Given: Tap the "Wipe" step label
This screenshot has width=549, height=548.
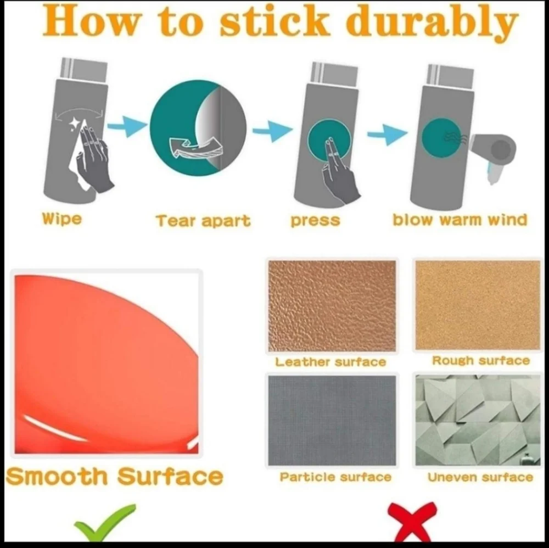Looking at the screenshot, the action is [x=62, y=219].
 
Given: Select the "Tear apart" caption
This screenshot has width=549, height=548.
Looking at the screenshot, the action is [x=203, y=221].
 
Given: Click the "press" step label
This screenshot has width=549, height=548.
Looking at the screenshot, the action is [x=315, y=221].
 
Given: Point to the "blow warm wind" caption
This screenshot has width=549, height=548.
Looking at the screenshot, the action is [x=460, y=220].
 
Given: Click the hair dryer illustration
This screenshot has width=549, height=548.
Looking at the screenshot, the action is [x=494, y=154].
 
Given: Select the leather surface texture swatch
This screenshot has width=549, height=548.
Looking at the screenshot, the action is [x=332, y=306].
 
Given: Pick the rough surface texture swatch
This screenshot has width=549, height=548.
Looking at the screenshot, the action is [x=478, y=305].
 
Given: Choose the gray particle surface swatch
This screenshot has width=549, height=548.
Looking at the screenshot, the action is [x=332, y=421].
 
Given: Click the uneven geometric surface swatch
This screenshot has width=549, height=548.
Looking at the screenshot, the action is [x=478, y=420].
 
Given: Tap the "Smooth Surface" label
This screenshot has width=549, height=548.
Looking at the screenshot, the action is [x=114, y=476].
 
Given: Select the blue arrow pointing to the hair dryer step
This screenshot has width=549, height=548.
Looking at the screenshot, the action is [x=387, y=134].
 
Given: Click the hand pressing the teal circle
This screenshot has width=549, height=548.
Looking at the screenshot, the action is [x=339, y=171].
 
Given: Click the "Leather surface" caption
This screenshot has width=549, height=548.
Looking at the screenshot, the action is [x=330, y=362].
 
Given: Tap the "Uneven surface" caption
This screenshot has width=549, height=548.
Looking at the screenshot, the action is [x=480, y=477].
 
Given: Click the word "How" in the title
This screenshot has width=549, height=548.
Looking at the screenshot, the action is [x=91, y=22].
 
